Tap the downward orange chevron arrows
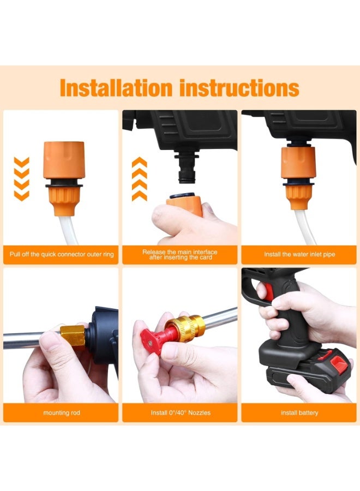coord(22,178)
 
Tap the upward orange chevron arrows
coord(140,178)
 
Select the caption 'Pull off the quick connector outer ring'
coord(62,255)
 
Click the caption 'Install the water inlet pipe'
coord(299,255)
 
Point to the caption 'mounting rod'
coord(62,413)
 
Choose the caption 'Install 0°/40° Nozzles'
coord(181,413)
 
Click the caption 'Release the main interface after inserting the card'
coord(180,255)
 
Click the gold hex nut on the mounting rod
coord(73,335)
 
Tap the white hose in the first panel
coord(69,229)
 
